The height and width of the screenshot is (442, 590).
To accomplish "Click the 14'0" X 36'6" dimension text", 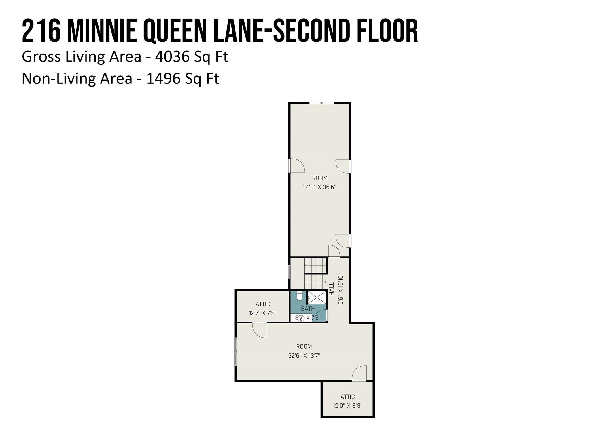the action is click(x=320, y=187).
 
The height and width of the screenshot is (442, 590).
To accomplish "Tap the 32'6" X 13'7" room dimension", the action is click(x=304, y=356).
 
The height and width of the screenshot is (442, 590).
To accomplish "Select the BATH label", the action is click(x=308, y=309).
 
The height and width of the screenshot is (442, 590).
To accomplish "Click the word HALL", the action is click(x=332, y=289).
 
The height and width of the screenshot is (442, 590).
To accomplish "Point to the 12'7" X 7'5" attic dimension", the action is click(x=263, y=313).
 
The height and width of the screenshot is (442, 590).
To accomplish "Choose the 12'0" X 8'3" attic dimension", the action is click(x=347, y=406).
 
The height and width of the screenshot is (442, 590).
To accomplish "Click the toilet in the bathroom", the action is click(x=299, y=296).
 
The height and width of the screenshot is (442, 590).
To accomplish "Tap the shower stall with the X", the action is click(x=317, y=297).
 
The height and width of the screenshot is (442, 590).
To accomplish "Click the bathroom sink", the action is click(x=301, y=318).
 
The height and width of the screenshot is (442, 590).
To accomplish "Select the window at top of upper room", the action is click(x=321, y=103).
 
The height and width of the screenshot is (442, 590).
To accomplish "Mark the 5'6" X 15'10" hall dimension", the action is click(x=341, y=289).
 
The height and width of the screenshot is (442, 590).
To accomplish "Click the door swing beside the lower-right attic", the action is click(x=359, y=373).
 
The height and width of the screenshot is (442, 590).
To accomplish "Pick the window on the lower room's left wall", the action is click(x=236, y=351).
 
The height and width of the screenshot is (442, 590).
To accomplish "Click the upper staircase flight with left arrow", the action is click(x=315, y=265).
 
